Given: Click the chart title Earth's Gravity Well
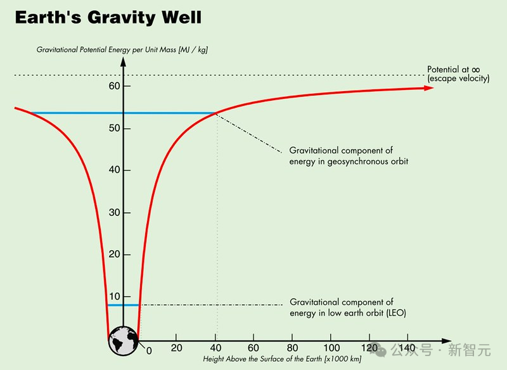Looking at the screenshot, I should pos(108,17).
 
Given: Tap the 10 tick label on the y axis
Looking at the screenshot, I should pos(114,297).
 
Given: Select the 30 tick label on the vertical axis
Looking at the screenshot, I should pos(114,212).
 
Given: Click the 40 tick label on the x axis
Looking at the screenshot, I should pos(215,348).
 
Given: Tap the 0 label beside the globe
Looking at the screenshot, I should pos(149,350).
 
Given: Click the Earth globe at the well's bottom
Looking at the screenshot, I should pos(123,340).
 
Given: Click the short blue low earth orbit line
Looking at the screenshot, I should pos(123,305).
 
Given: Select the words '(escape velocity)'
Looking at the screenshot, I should pos(459,78).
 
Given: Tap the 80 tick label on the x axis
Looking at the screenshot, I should pos(293,348).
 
